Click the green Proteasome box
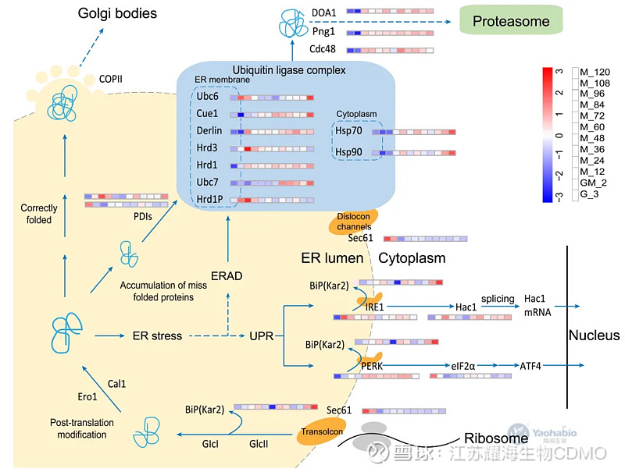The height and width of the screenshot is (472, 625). click(x=510, y=20)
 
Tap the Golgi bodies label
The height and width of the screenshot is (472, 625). click(x=118, y=13)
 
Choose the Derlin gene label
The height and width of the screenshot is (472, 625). click(x=211, y=131)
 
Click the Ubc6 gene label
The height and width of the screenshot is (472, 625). click(x=209, y=96)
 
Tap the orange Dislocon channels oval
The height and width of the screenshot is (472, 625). click(x=352, y=221)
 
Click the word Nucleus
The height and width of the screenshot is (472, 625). click(x=593, y=335)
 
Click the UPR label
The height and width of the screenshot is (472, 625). click(x=261, y=335)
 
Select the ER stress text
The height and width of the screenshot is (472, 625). click(x=157, y=335)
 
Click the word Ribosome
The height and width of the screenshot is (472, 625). click(x=491, y=438)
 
